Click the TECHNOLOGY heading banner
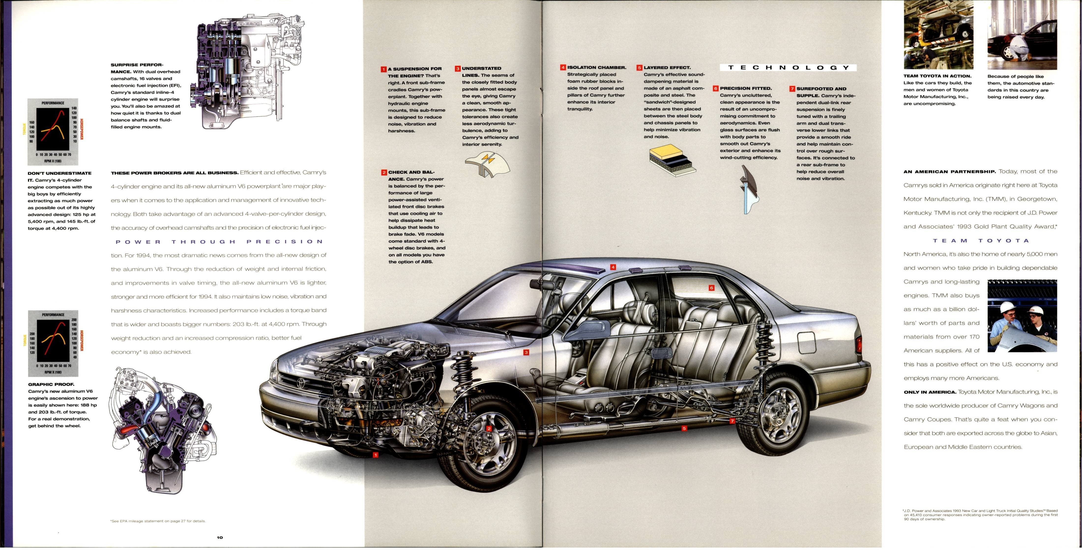pos(788,68)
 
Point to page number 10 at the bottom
pos(220,537)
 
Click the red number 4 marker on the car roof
pos(613,267)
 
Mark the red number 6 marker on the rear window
pos(711,288)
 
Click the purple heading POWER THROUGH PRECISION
pos(219,242)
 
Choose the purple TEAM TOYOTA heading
pos(981,241)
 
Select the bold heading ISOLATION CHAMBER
pos(596,67)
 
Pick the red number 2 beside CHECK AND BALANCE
pos(384,173)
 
